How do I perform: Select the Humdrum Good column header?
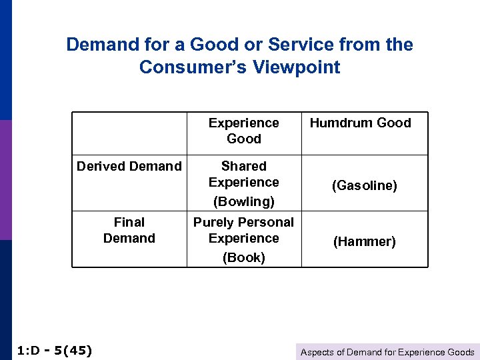tap(360, 123)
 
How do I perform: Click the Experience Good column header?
tap(243, 131)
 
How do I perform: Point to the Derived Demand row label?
tap(129, 166)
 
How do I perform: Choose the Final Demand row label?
tap(129, 230)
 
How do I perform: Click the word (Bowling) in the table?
tap(243, 201)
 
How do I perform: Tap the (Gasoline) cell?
tap(365, 185)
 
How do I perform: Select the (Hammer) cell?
tap(365, 241)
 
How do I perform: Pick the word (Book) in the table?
tap(243, 257)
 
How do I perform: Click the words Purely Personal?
tap(243, 222)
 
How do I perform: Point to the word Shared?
tap(243, 166)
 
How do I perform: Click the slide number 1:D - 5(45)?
tap(53, 351)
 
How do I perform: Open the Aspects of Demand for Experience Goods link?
tap(387, 352)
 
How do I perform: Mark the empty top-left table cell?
tap(129, 133)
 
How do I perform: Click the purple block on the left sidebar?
tap(5, 180)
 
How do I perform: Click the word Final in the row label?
tap(129, 222)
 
